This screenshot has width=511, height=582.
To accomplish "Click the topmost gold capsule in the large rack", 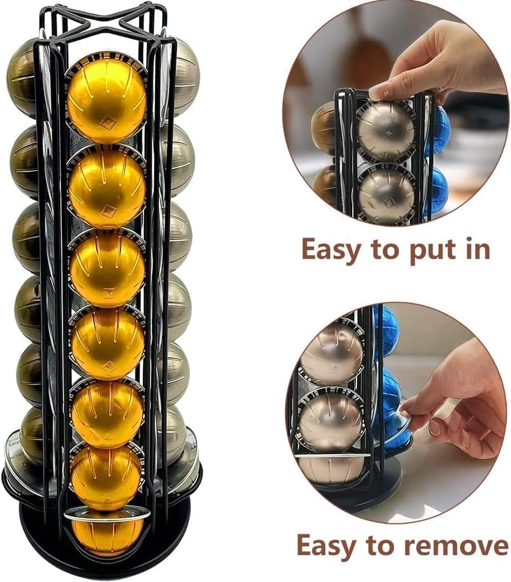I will [x=106, y=97].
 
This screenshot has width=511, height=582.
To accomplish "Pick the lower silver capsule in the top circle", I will [x=386, y=193].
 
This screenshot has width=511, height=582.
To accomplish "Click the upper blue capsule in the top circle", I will [x=439, y=131].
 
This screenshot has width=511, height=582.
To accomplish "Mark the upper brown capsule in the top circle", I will [x=324, y=128].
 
